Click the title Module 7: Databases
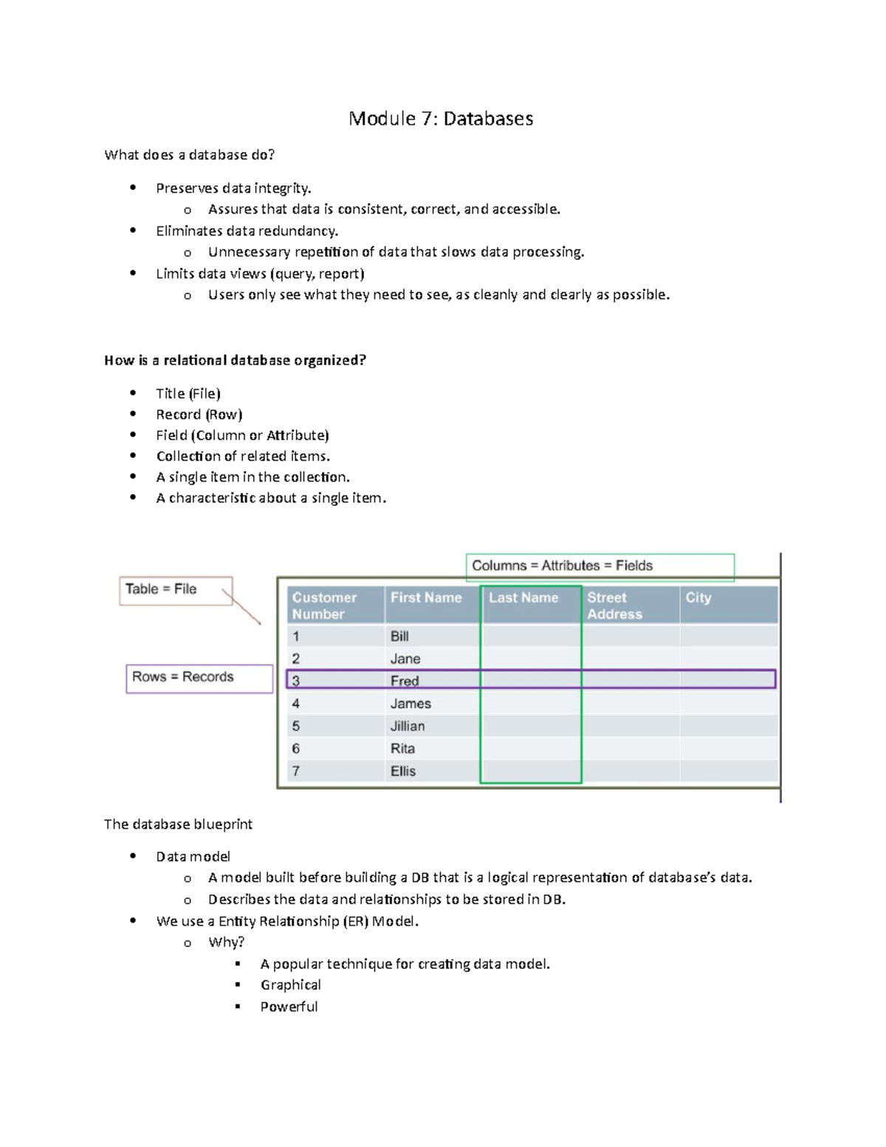click(x=441, y=119)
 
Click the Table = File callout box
click(x=176, y=590)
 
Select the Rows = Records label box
click(x=199, y=677)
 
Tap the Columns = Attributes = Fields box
click(x=599, y=566)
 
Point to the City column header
click(x=698, y=598)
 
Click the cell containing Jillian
click(x=408, y=727)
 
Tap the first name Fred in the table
click(x=405, y=681)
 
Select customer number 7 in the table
click(x=296, y=771)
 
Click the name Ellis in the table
click(x=403, y=771)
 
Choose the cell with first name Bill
click(x=399, y=637)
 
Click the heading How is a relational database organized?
click(x=235, y=360)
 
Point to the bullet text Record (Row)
click(x=199, y=414)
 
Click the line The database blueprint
click(x=178, y=824)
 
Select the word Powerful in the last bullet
click(x=289, y=1007)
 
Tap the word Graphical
click(x=290, y=985)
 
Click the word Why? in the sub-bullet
click(x=226, y=942)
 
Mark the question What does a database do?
click(x=189, y=155)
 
